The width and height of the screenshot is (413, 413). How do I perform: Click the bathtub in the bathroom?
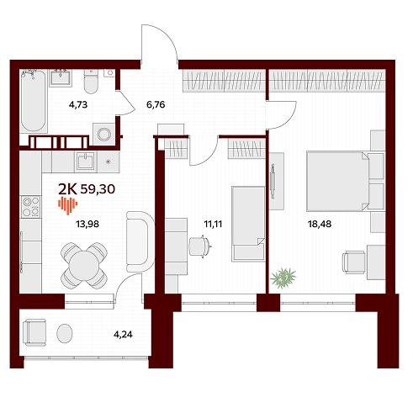click(x=33, y=101)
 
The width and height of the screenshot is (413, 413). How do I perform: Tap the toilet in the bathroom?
click(x=91, y=81)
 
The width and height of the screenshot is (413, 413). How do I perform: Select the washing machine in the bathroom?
click(x=104, y=134)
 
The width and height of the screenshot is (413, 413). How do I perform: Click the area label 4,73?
click(x=78, y=104)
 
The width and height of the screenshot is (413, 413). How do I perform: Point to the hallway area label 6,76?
click(x=156, y=104)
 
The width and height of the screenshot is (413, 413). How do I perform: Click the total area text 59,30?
click(x=98, y=189)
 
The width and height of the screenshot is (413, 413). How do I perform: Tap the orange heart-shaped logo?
click(x=68, y=205)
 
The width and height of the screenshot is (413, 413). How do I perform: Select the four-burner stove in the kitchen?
click(x=31, y=207)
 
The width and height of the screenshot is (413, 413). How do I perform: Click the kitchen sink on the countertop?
click(x=86, y=161)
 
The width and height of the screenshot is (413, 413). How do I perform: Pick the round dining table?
click(x=84, y=265)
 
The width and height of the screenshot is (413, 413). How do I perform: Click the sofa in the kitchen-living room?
click(x=140, y=241)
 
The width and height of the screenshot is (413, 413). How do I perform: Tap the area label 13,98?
click(x=87, y=224)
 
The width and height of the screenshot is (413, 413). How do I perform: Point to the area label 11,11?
click(x=213, y=224)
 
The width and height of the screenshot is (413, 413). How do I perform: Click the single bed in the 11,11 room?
click(x=248, y=224)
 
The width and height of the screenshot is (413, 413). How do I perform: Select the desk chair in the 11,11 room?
click(x=199, y=246)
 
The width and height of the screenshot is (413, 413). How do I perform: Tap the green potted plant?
click(x=283, y=278)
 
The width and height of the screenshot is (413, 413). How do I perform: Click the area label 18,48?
click(x=320, y=224)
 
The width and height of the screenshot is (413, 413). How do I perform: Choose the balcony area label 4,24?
click(x=123, y=335)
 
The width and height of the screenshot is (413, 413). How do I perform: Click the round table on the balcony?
click(x=65, y=333)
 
